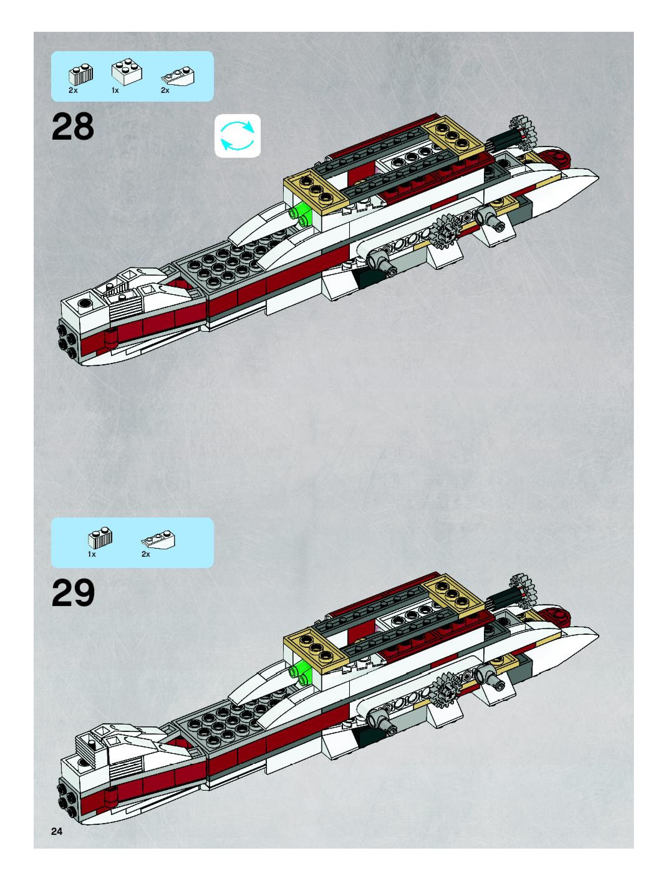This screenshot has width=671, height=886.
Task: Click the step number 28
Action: (73, 127)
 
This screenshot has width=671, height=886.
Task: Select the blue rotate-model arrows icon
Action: (238, 136)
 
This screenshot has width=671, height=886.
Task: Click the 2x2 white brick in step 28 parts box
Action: (126, 72)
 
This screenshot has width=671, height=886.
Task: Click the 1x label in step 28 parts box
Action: (115, 90)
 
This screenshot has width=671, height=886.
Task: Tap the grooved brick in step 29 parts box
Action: (100, 537)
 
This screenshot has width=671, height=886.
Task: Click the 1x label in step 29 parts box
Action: (92, 554)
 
